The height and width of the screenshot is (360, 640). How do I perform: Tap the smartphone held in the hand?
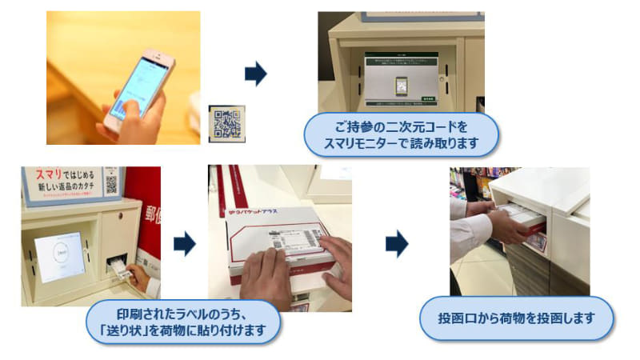tap(142, 88)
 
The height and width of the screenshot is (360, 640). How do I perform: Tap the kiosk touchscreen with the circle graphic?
tap(59, 257)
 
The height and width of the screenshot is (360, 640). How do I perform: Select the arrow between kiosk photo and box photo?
tap(185, 245)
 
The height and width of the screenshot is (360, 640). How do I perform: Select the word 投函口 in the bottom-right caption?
tap(456, 318)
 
